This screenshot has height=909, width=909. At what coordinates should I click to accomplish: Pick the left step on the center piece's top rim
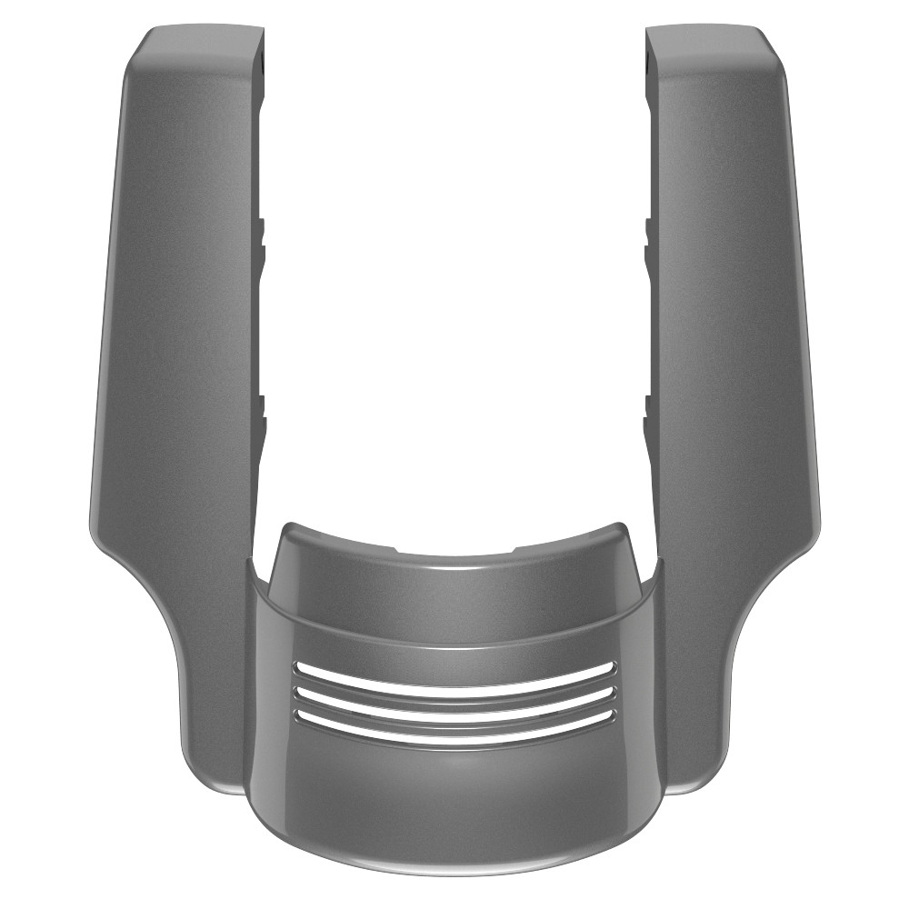click(395, 548)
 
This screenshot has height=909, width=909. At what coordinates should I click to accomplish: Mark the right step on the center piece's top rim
click(514, 548)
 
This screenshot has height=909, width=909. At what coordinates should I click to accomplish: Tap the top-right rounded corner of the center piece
click(620, 529)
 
